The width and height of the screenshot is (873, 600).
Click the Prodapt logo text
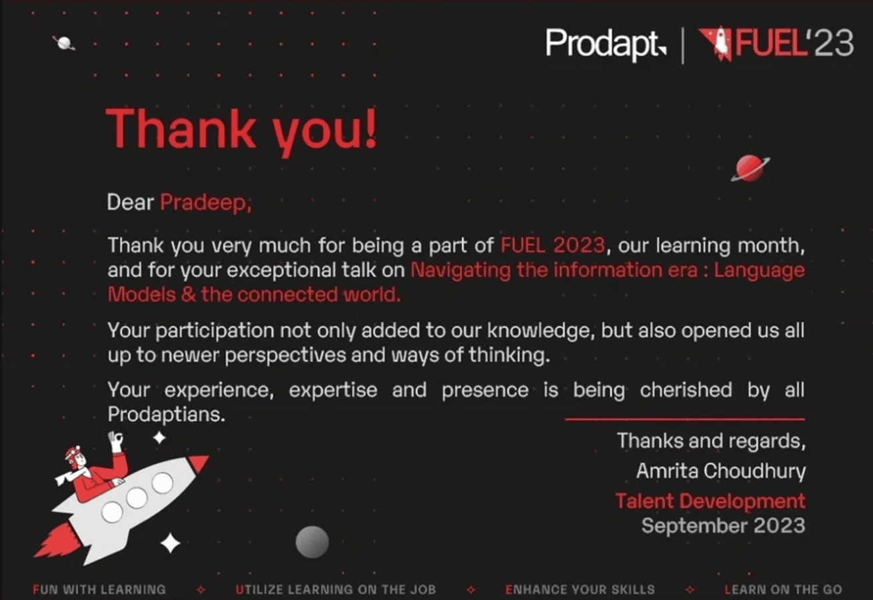pos(606,44)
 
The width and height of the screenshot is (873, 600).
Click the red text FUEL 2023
pos(552,245)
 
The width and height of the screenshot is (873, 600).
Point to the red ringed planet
pos(750,169)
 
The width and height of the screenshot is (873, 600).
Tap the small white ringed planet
pos(64,43)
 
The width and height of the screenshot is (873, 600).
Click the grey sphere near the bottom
pos(312,541)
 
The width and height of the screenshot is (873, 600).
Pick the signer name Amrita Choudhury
pos(721,471)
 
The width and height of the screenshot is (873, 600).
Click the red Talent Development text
pos(710,501)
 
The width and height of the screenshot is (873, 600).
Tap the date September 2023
pos(723,525)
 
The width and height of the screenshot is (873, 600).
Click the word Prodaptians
pos(167,414)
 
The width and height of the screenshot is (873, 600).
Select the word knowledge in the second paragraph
pos(541,331)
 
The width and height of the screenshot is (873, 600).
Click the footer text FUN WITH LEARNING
pos(99,589)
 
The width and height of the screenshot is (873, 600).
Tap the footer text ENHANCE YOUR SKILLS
pos(580,589)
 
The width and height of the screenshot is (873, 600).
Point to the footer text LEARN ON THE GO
pos(783,589)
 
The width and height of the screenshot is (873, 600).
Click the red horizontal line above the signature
pos(685,419)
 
